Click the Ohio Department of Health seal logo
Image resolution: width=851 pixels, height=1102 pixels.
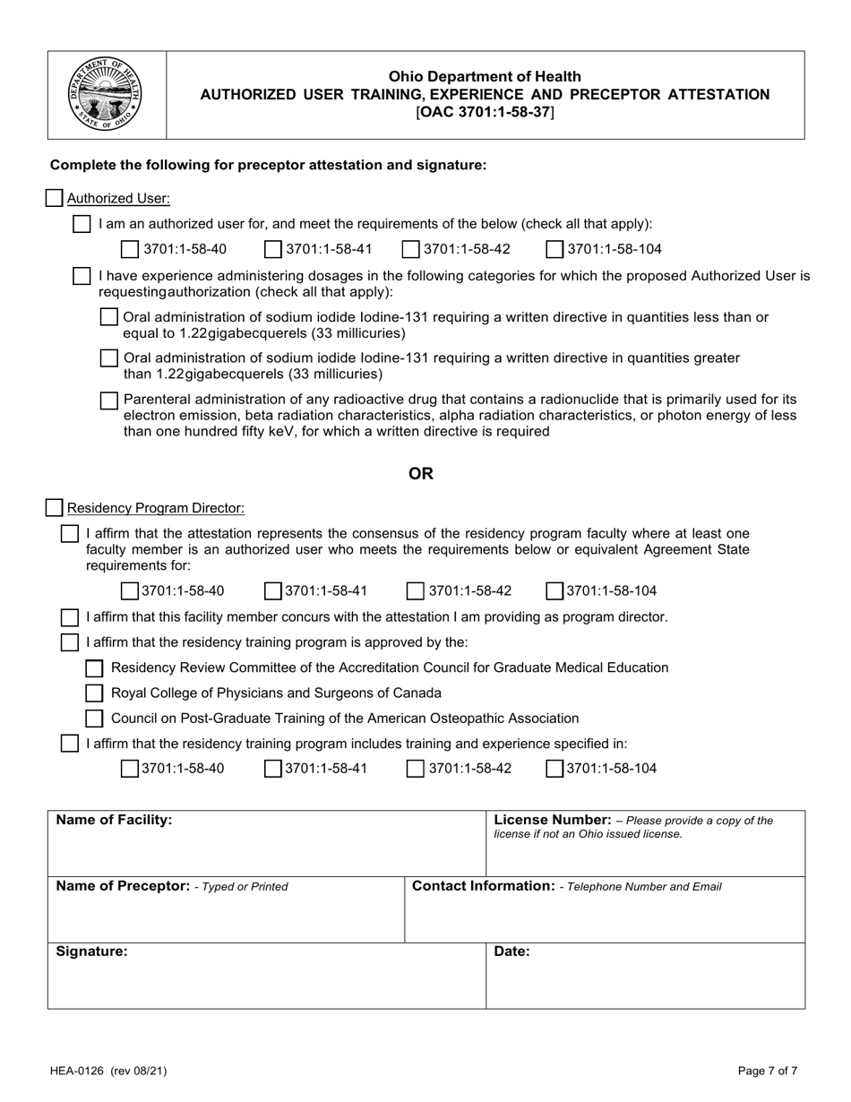pyautogui.click(x=106, y=94)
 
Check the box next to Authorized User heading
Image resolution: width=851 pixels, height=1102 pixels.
pyautogui.click(x=55, y=198)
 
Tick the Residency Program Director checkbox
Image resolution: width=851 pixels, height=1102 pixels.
pyautogui.click(x=55, y=508)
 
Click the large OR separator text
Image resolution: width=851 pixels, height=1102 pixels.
pyautogui.click(x=421, y=474)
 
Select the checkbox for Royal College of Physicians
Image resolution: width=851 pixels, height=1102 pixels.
pyautogui.click(x=94, y=693)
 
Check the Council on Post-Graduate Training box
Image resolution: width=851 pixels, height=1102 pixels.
pyautogui.click(x=94, y=718)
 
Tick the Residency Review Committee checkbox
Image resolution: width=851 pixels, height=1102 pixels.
pyautogui.click(x=94, y=667)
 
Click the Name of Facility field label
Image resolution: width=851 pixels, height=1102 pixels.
pyautogui.click(x=114, y=820)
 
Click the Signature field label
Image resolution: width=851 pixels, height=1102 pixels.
pyautogui.click(x=91, y=952)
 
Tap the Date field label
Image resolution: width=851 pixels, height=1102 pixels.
pyautogui.click(x=511, y=952)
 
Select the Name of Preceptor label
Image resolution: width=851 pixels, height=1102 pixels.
pyautogui.click(x=122, y=886)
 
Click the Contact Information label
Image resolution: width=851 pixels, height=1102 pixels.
pyautogui.click(x=482, y=886)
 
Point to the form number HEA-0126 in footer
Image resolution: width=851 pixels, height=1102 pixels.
pyautogui.click(x=83, y=1070)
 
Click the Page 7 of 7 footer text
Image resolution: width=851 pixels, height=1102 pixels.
pyautogui.click(x=767, y=1070)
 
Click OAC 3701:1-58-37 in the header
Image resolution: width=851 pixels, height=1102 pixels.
pyautogui.click(x=485, y=112)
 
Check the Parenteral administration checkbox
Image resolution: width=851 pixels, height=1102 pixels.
pyautogui.click(x=108, y=400)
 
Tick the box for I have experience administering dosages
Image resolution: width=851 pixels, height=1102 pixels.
pyautogui.click(x=82, y=276)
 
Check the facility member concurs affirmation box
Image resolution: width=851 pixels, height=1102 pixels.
pyautogui.click(x=69, y=617)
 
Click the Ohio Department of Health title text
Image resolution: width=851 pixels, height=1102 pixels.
pyautogui.click(x=485, y=77)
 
